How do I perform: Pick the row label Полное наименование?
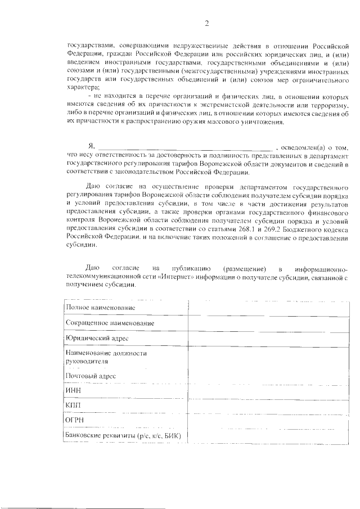[x=100, y=308]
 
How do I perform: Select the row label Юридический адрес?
[x=97, y=339]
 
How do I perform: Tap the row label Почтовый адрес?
[x=91, y=375]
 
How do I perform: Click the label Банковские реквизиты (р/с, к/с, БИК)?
[x=125, y=436]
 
